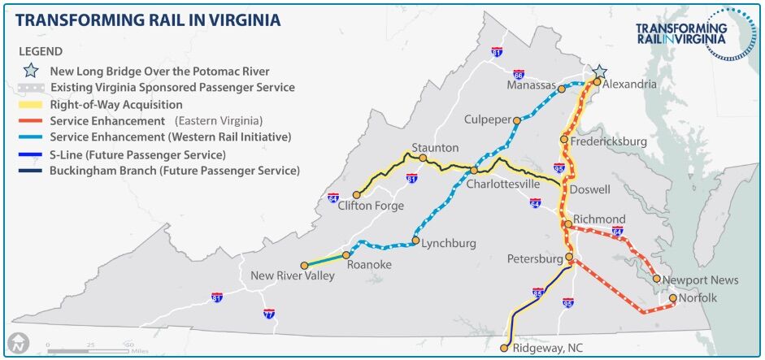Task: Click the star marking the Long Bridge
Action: click(x=599, y=72)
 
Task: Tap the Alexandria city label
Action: click(x=630, y=84)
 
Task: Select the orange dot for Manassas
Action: click(x=561, y=89)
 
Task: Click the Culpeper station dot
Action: click(x=516, y=120)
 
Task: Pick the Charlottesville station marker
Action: click(x=474, y=170)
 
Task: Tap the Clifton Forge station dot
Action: click(x=356, y=195)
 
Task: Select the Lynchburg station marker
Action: click(x=415, y=241)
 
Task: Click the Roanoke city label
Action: click(x=369, y=265)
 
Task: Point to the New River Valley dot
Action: click(x=305, y=265)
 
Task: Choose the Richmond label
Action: click(x=599, y=219)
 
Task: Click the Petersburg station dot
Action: click(x=569, y=258)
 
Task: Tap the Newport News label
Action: click(x=700, y=280)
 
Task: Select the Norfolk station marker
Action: click(x=673, y=298)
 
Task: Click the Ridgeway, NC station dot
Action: click(x=504, y=348)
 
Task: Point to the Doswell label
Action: click(x=591, y=189)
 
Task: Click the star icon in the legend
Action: click(x=32, y=72)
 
